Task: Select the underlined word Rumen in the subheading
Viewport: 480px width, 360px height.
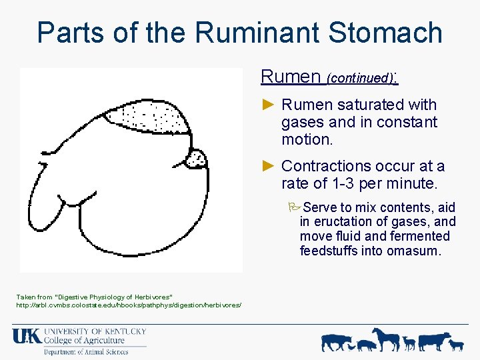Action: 291,77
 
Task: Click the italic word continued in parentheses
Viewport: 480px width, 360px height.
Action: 359,78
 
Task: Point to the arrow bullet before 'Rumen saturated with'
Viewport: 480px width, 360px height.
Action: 268,105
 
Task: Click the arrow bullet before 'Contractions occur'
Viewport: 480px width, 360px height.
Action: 268,165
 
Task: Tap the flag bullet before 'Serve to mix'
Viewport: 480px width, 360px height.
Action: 296,207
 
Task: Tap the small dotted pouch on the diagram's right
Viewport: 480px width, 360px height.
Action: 196,159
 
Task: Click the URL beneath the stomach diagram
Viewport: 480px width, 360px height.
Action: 129,305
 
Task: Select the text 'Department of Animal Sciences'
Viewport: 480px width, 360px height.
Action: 86,351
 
